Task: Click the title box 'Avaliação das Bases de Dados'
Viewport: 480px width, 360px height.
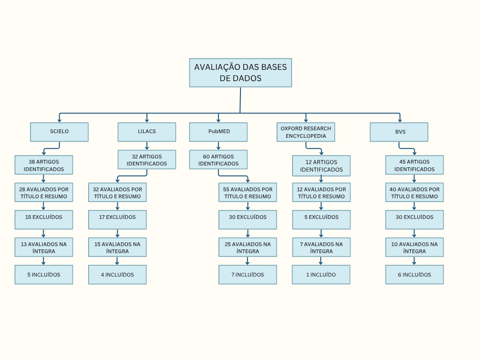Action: [x=240, y=73]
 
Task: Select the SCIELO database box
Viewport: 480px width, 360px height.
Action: [x=60, y=132]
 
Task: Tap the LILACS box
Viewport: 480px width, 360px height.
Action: [x=147, y=132]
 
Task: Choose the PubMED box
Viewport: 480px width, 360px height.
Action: [x=218, y=132]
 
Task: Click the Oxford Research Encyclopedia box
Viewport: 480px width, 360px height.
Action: [x=306, y=132]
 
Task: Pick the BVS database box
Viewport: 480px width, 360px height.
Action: [x=399, y=132]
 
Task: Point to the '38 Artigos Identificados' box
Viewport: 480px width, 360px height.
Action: [x=44, y=165]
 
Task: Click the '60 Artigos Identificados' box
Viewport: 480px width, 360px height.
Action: [x=218, y=159]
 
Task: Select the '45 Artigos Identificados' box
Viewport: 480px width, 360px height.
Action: [x=414, y=165]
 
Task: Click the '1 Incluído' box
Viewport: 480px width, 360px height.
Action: [x=321, y=275]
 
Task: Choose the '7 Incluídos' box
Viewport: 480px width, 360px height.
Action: [x=247, y=275]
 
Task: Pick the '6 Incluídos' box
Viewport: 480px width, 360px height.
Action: [x=414, y=275]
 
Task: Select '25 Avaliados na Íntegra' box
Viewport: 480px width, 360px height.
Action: [x=247, y=247]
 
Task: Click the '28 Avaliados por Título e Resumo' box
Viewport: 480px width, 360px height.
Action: [x=44, y=192]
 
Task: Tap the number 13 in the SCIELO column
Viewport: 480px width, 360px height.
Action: [x=24, y=244]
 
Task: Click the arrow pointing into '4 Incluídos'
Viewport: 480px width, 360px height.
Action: [x=117, y=261]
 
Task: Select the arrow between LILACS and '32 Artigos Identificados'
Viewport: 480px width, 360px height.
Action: [x=147, y=146]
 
